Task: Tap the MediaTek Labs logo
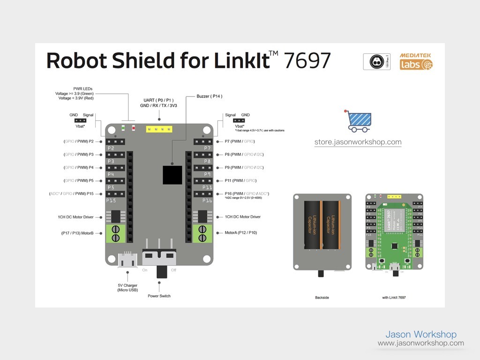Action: click(416, 61)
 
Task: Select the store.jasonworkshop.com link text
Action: click(358, 142)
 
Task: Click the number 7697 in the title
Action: click(307, 61)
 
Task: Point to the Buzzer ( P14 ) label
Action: click(209, 96)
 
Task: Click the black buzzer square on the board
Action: click(172, 175)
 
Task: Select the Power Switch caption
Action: click(159, 296)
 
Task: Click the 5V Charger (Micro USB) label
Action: click(127, 287)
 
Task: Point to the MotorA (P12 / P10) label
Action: click(240, 232)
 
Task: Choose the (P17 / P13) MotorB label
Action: click(77, 232)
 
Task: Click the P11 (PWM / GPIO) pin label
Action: click(240, 180)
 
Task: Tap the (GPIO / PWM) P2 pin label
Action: click(78, 141)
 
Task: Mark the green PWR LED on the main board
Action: click(123, 127)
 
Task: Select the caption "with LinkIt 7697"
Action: click(394, 297)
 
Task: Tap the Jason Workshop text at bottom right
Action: click(420, 334)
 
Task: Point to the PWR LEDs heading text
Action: click(83, 89)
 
